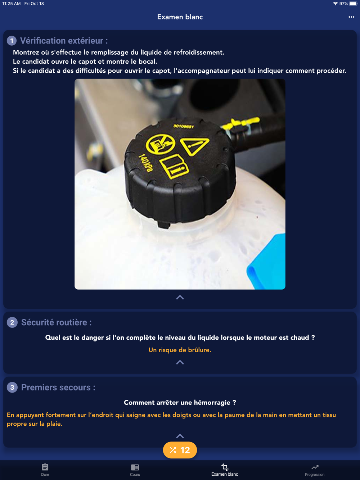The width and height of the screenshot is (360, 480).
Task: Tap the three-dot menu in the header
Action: coord(351,17)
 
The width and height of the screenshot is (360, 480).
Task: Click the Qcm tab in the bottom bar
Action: coord(45,470)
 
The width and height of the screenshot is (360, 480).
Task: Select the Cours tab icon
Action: coord(135,467)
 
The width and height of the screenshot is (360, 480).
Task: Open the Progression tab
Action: coord(315,470)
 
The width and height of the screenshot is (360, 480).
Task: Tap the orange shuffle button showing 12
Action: coord(180,450)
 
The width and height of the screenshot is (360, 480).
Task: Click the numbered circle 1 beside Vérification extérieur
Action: coord(12,41)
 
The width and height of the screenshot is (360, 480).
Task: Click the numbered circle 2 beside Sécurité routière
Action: coord(12,322)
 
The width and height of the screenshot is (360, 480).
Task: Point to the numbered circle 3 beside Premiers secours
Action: coord(12,388)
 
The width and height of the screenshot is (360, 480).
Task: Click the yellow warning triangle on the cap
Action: coord(194,146)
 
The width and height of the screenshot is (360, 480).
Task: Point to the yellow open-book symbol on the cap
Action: coord(174,166)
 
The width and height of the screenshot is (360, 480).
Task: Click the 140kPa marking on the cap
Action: coord(146,163)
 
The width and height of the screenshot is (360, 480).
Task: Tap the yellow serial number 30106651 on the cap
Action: coord(184,126)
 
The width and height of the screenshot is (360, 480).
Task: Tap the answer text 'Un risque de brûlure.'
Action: coord(180,350)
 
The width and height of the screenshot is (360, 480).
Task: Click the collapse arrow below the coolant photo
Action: coord(180,298)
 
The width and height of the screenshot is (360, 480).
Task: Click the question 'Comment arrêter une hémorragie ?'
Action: coord(180,403)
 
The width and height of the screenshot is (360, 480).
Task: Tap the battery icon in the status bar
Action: coord(353,4)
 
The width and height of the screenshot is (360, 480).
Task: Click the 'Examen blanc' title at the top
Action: coord(180,17)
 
